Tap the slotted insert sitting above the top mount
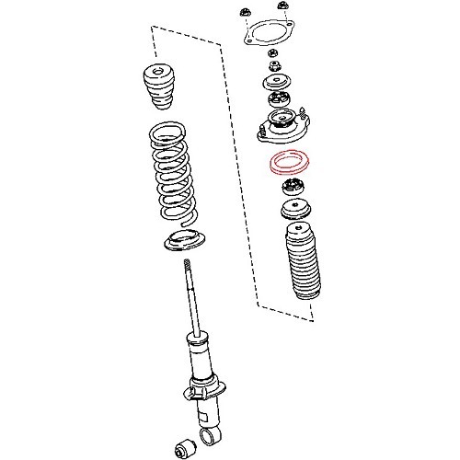(x=278, y=100)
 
